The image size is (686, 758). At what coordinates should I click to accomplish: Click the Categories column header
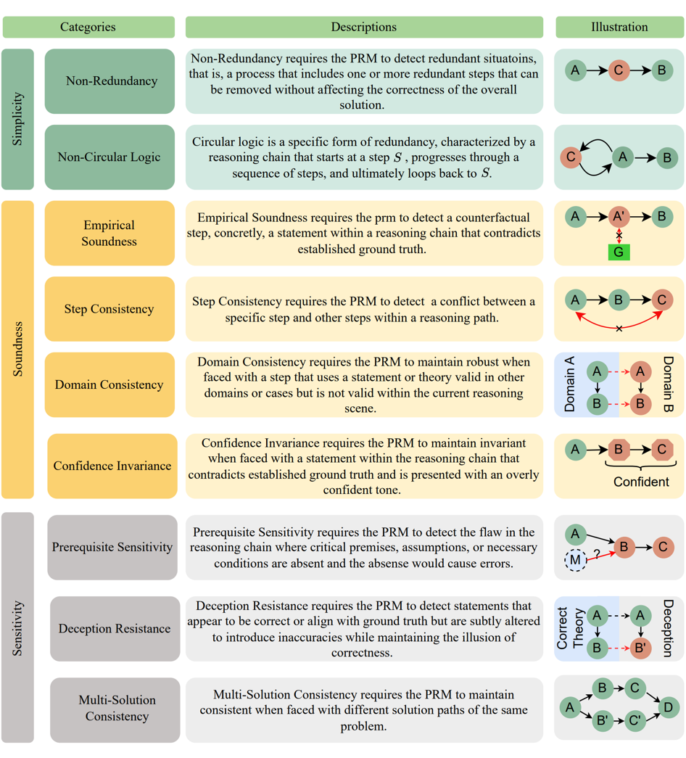tap(88, 28)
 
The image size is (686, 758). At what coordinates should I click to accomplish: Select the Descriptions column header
tap(363, 28)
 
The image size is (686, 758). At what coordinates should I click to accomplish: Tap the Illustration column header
tap(619, 28)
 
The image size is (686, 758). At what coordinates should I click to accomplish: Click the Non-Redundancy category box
tap(109, 81)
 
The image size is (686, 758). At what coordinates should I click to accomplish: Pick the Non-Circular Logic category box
tap(109, 157)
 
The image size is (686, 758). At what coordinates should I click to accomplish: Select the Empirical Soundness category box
tap(109, 234)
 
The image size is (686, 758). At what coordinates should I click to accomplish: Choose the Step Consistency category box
tap(109, 309)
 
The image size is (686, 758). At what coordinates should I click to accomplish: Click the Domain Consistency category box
tap(109, 385)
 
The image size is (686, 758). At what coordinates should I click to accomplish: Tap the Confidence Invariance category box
tap(112, 466)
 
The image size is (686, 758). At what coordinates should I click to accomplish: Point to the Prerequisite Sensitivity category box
tap(112, 548)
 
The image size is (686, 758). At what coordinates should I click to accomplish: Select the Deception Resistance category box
tap(115, 629)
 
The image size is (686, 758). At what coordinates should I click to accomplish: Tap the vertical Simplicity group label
tap(18, 119)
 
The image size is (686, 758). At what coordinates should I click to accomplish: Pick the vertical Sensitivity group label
tap(18, 627)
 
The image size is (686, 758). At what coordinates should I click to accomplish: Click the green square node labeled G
tap(619, 252)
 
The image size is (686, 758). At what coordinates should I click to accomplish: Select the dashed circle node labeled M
tap(576, 560)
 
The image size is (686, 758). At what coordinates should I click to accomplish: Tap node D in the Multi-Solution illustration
tap(669, 706)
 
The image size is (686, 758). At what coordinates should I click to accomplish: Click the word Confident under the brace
tap(641, 482)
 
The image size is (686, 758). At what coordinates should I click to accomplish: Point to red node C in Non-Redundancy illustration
tap(619, 70)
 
